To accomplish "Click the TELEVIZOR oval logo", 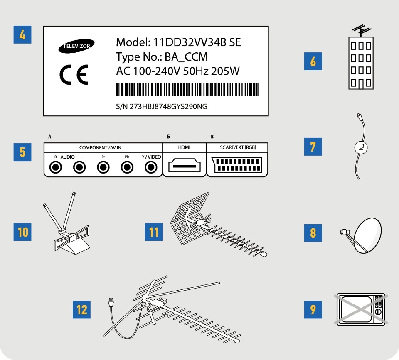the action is point(76,46).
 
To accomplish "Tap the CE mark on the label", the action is point(74,74).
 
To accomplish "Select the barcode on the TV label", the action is point(187,89).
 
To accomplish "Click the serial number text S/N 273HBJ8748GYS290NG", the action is point(162,107).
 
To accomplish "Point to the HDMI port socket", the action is point(184,166).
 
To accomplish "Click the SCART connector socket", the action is point(237,165).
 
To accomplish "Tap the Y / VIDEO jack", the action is point(151,167).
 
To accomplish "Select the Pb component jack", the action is point(127,167).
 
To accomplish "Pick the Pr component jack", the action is point(103,167).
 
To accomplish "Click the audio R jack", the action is point(55,167).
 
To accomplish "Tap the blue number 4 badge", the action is point(22,34).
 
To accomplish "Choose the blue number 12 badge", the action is point(82,310).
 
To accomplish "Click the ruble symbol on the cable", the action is point(361,147).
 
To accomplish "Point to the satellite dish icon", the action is point(361,235).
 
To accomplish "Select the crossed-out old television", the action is point(361,309).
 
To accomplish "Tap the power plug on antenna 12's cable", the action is point(111,303).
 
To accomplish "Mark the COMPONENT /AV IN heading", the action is point(100,148).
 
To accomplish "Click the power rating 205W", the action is point(225,71).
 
